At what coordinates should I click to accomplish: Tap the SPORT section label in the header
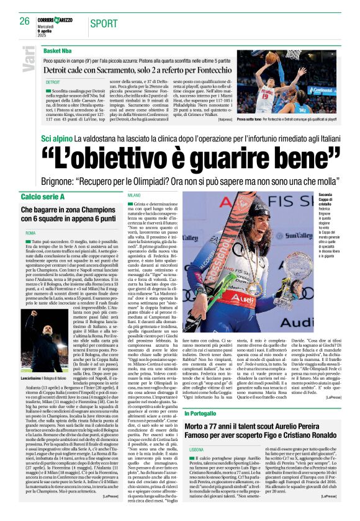click(x=104, y=24)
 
